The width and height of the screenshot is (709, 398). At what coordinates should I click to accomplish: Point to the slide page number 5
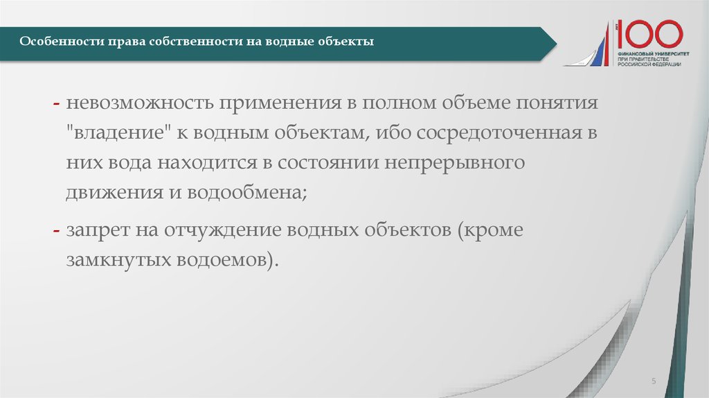tap(654, 382)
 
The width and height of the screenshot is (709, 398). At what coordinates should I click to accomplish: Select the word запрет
tap(94, 230)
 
